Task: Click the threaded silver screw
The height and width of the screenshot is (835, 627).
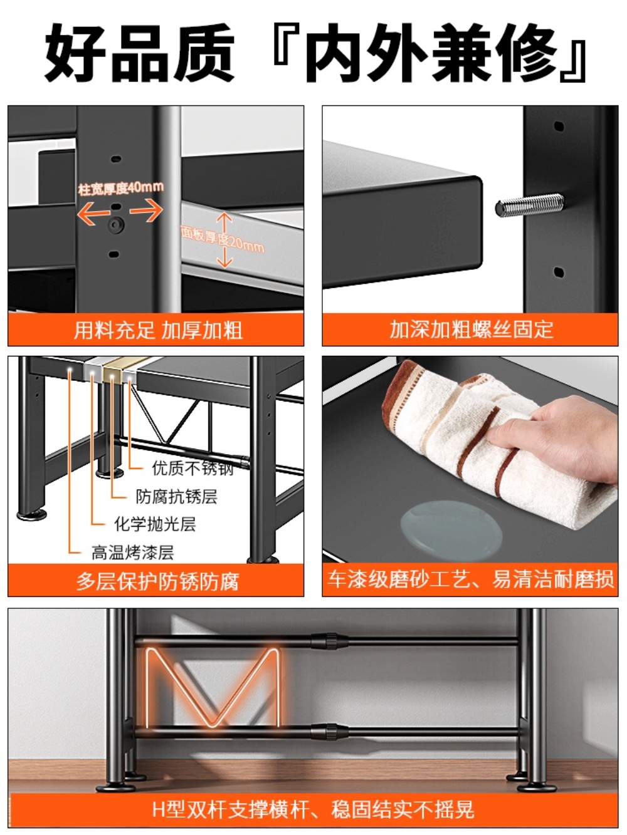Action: [x=529, y=207]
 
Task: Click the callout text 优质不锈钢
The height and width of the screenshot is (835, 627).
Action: [x=192, y=469]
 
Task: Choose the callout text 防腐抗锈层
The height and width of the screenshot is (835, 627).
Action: [x=177, y=497]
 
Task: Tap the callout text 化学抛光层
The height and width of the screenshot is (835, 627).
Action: [x=155, y=524]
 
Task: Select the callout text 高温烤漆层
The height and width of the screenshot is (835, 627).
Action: [x=133, y=552]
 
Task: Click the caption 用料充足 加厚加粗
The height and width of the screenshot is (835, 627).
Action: [x=158, y=330]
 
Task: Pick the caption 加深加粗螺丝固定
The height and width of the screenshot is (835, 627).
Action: [x=472, y=329]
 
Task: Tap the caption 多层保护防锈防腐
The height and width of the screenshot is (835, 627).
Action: [x=157, y=581]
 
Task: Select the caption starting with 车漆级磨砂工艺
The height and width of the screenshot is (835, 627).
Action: [x=470, y=579]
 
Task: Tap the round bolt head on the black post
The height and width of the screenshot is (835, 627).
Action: [x=116, y=225]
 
